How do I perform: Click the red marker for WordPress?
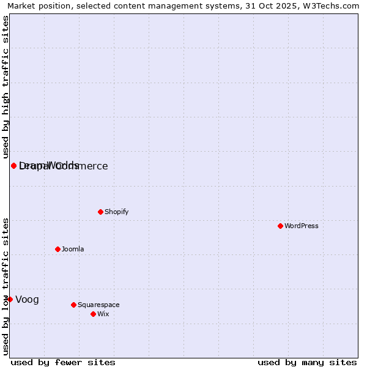pos(280,226)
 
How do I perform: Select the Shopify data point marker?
pos(100,212)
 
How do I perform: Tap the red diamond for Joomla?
pos(57,249)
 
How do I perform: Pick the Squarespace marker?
pos(73,305)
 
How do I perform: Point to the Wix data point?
pos(93,314)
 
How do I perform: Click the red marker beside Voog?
pos(10,299)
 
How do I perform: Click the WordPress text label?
pos(302,226)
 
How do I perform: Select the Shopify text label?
pos(116,212)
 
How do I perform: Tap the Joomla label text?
pos(73,249)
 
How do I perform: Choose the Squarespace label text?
pos(98,305)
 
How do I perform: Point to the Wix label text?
pos(103,314)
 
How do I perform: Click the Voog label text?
pos(27,299)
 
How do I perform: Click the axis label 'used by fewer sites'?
pos(63,362)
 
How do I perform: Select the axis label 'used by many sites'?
pos(307,362)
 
